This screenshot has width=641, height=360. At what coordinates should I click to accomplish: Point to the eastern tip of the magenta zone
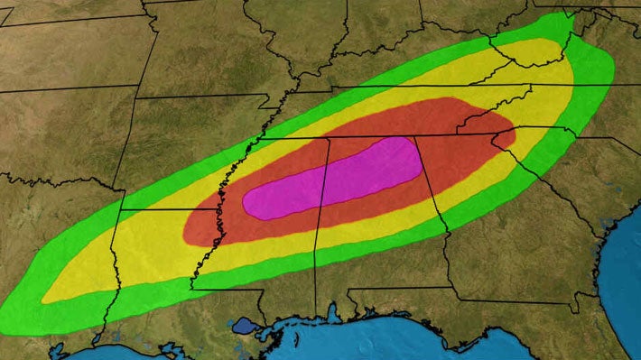coord(421,157)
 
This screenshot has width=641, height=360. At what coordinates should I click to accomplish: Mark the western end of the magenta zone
coord(246,204)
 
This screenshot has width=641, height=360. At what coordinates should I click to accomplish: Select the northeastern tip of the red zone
coord(513,135)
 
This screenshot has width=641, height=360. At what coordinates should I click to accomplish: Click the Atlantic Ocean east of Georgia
coord(623,262)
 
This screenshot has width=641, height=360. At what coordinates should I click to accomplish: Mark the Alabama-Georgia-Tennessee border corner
coord(415,135)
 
